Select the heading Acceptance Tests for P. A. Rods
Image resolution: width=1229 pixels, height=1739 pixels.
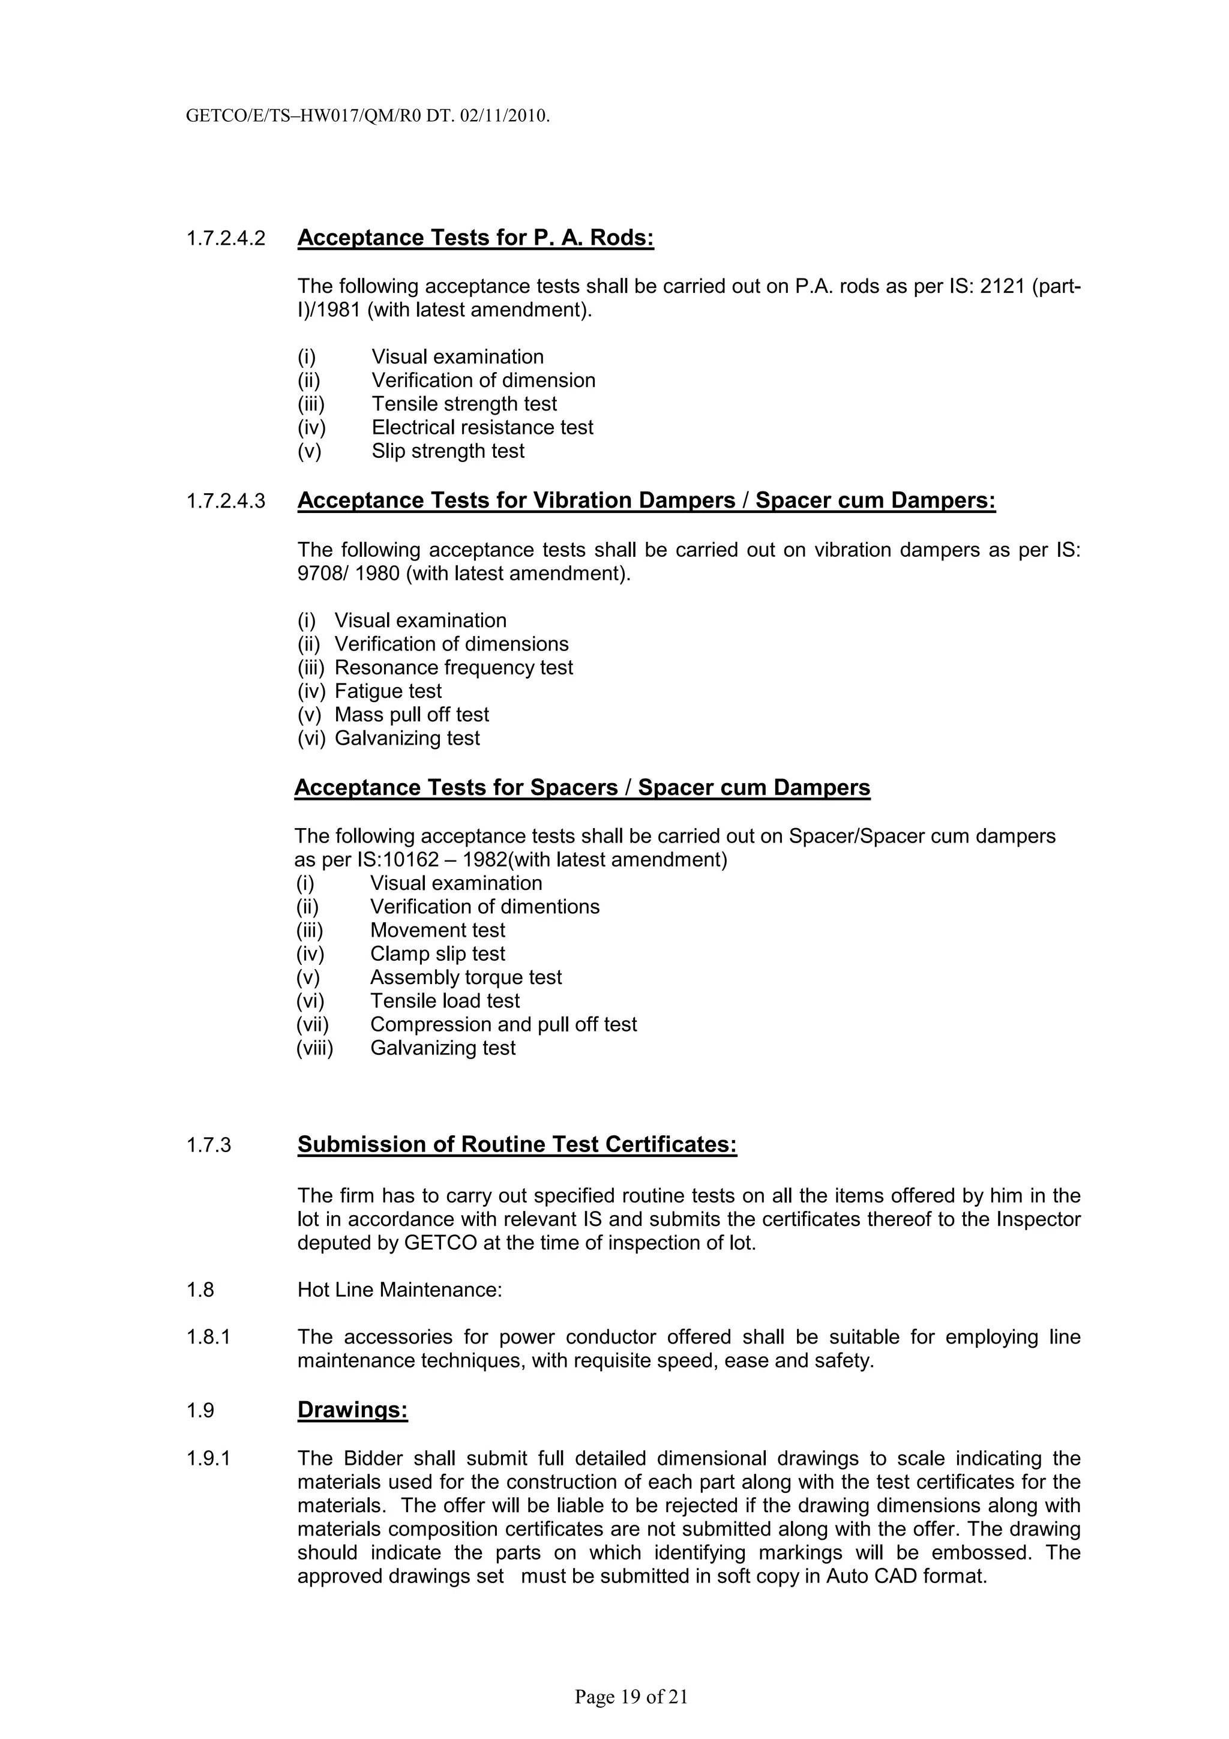point(475,238)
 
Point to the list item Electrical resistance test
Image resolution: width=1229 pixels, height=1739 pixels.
point(482,428)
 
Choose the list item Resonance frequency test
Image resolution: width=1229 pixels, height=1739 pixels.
point(453,667)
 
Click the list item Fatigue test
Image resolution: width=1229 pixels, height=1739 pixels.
point(388,691)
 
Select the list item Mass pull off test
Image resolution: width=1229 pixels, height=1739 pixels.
point(411,714)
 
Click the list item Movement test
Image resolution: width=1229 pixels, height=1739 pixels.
point(437,930)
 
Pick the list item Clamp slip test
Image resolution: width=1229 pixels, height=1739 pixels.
point(437,954)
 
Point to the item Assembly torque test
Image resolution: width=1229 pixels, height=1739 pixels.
point(465,977)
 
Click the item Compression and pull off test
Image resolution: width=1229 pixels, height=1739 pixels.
point(503,1024)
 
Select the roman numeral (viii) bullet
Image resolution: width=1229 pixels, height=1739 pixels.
point(314,1048)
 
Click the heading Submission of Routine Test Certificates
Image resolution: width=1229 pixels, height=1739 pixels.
point(517,1144)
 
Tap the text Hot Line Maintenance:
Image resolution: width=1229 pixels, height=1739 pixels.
point(399,1290)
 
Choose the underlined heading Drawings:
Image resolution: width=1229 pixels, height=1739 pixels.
point(352,1410)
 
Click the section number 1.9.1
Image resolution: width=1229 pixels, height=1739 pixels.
point(208,1458)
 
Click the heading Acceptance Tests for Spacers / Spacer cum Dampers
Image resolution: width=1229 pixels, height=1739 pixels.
point(581,788)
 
